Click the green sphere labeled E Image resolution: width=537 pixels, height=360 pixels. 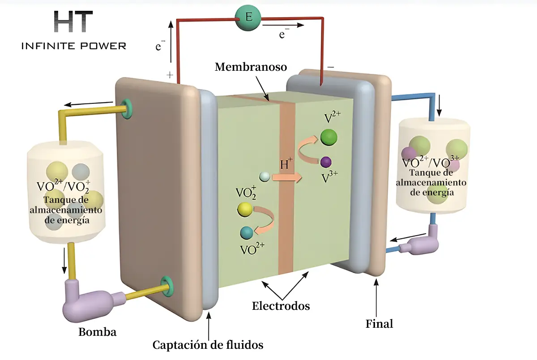248,17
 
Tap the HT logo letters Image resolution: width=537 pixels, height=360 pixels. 73,21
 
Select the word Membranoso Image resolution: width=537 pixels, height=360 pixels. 251,67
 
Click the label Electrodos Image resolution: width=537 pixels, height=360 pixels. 281,306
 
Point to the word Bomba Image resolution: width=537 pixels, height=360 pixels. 98,332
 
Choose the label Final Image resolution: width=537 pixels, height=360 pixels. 379,324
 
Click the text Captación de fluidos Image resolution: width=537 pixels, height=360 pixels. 208,345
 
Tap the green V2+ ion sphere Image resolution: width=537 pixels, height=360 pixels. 328,137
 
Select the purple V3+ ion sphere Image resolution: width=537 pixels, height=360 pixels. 326,162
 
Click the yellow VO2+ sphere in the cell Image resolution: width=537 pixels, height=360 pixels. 245,210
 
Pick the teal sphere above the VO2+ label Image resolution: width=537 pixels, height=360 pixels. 247,233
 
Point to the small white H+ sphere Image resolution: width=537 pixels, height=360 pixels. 264,177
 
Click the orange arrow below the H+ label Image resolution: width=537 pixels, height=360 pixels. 287,178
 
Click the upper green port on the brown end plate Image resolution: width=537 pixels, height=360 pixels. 126,109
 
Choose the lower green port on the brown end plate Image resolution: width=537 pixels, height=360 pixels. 166,287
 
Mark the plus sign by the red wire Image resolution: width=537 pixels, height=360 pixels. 170,75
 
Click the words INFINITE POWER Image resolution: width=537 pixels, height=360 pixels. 74,46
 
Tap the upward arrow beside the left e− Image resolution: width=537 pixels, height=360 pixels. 170,42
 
